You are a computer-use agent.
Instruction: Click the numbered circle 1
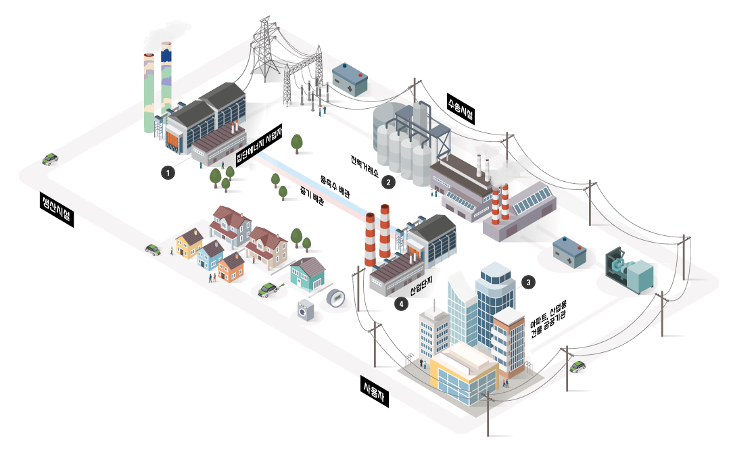click(x=168, y=173)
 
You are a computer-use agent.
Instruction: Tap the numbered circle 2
click(x=389, y=183)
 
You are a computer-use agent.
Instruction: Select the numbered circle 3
click(x=528, y=282)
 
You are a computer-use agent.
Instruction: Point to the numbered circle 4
click(x=401, y=304)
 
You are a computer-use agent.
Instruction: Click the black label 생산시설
click(x=57, y=209)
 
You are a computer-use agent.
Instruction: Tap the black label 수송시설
click(x=461, y=109)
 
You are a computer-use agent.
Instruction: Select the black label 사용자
click(x=375, y=391)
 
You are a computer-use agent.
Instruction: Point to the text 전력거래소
click(x=364, y=166)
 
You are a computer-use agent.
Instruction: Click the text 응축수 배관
click(x=335, y=187)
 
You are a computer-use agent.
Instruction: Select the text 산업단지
click(x=421, y=287)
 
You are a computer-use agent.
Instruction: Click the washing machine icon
click(x=306, y=310)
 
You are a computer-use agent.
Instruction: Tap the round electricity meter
click(x=335, y=298)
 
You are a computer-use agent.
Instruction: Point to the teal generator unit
click(x=630, y=270)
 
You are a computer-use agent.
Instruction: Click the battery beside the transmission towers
click(x=350, y=80)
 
